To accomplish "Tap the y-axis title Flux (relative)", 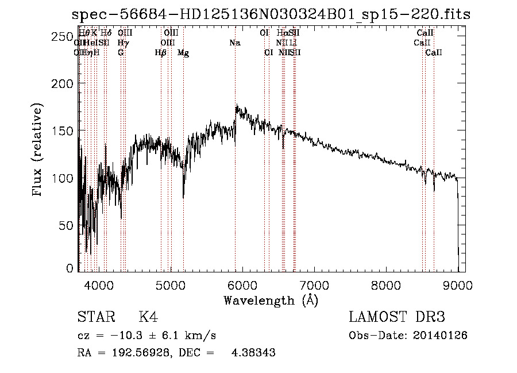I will point(38,151).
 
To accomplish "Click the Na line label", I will point(234,43).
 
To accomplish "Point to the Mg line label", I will point(183,53).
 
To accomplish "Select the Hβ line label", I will point(161,53).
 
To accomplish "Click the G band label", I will point(121,53).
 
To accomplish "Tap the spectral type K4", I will point(148,317).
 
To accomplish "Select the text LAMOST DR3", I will point(397,317).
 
